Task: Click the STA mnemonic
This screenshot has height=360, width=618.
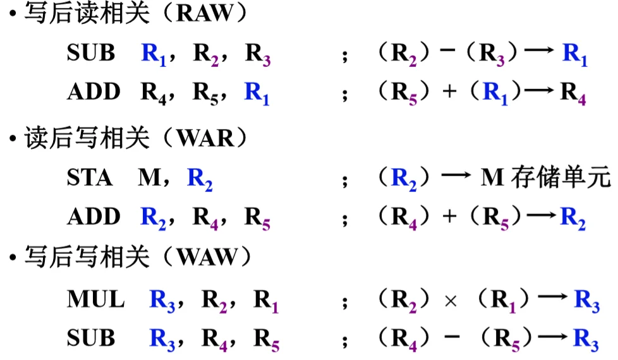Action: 90,178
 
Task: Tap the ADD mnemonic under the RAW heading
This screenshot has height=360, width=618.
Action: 94,92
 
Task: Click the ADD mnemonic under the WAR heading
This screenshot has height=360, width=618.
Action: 94,217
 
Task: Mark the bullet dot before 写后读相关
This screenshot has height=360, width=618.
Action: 11,15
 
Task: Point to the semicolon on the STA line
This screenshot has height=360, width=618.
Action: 345,181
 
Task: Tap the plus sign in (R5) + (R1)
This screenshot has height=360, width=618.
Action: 449,92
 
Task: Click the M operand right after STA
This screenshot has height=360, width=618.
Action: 149,178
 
